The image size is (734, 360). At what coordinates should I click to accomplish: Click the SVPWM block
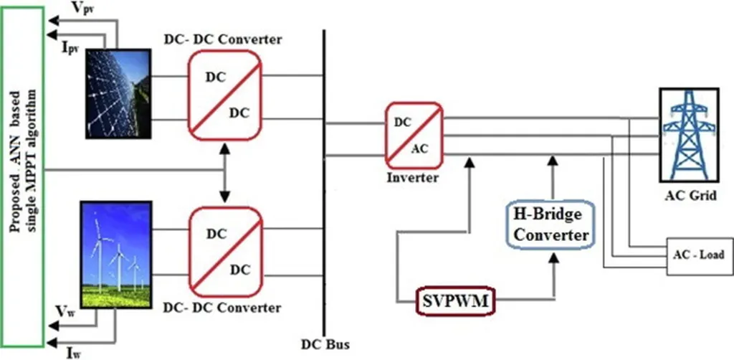click(454, 302)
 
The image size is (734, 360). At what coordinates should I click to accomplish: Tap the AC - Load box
click(698, 255)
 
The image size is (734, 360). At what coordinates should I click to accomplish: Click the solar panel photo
click(119, 93)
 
